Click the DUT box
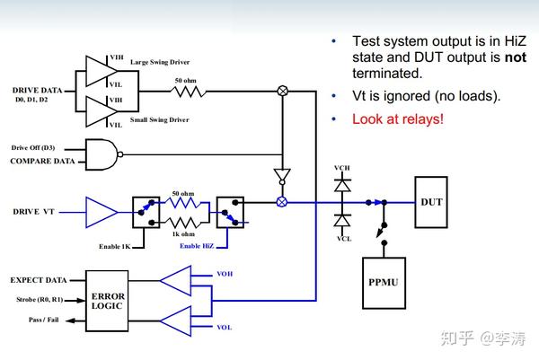point(431,202)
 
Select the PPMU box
point(384,283)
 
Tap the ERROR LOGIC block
point(107,301)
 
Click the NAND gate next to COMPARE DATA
point(104,154)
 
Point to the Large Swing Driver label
point(160,62)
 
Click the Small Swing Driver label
point(160,120)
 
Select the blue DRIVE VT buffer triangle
point(102,212)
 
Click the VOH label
point(225,274)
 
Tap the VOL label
point(224,328)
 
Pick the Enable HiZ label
point(197,246)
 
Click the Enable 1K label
point(115,247)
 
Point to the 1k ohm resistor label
point(183,234)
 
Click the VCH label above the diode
point(342,168)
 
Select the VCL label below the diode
point(344,239)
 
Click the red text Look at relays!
point(398,119)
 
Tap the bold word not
point(516,57)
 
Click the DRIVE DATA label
point(37,91)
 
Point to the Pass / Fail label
point(44,320)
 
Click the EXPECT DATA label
point(39,280)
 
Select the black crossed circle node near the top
point(283,91)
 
